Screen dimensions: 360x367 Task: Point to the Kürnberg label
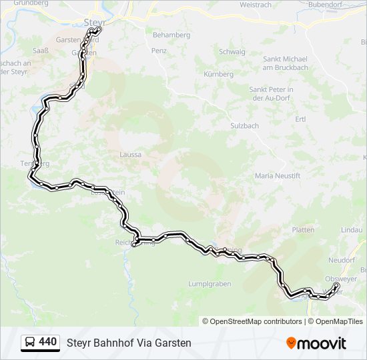pos(218,74)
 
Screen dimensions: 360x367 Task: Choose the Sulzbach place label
pos(244,125)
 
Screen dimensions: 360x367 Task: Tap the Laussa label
pos(130,154)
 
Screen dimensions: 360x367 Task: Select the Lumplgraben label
pos(210,283)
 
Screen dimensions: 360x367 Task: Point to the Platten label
pos(303,229)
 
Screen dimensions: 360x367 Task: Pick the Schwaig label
pos(232,51)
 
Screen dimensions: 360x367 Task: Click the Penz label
pos(159,51)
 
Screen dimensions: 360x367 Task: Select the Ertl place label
pos(300,119)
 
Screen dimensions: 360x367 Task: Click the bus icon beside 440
pos(31,342)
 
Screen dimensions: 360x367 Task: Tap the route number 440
pos(47,342)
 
